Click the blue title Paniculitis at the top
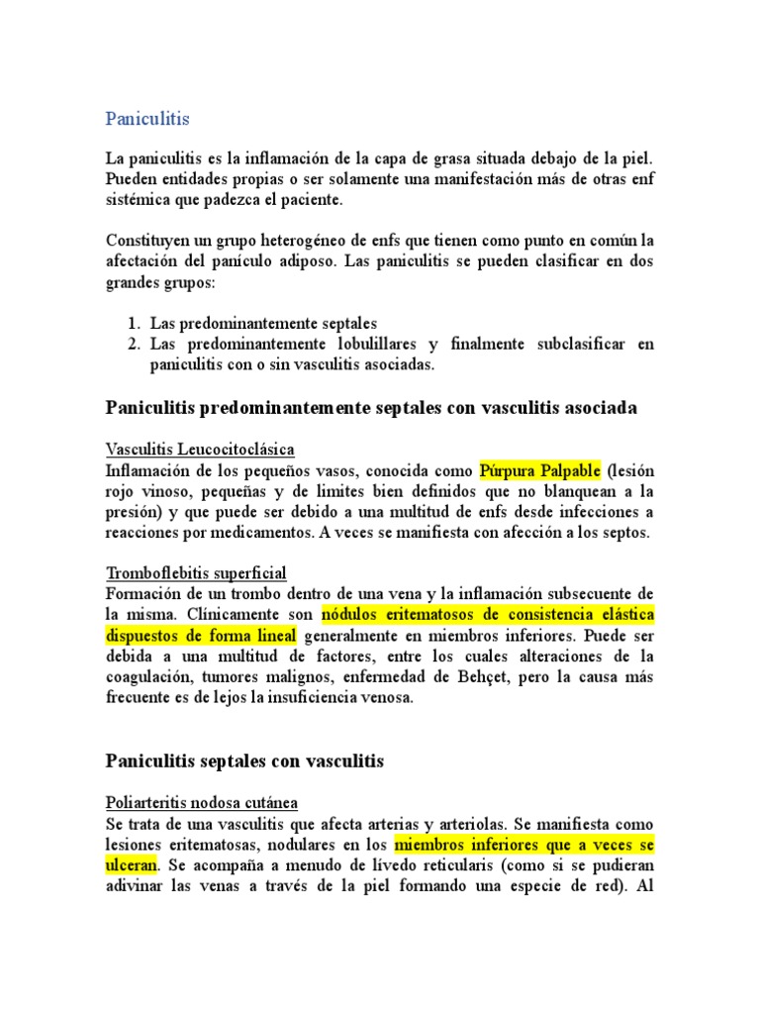pos(146,119)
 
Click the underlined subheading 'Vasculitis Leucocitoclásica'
pos(200,450)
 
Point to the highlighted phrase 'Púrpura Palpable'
pos(540,469)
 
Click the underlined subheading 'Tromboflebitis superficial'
pos(196,573)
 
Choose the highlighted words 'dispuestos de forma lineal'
pos(201,635)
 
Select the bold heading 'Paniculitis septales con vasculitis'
pos(243,761)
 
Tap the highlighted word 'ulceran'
pos(132,864)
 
